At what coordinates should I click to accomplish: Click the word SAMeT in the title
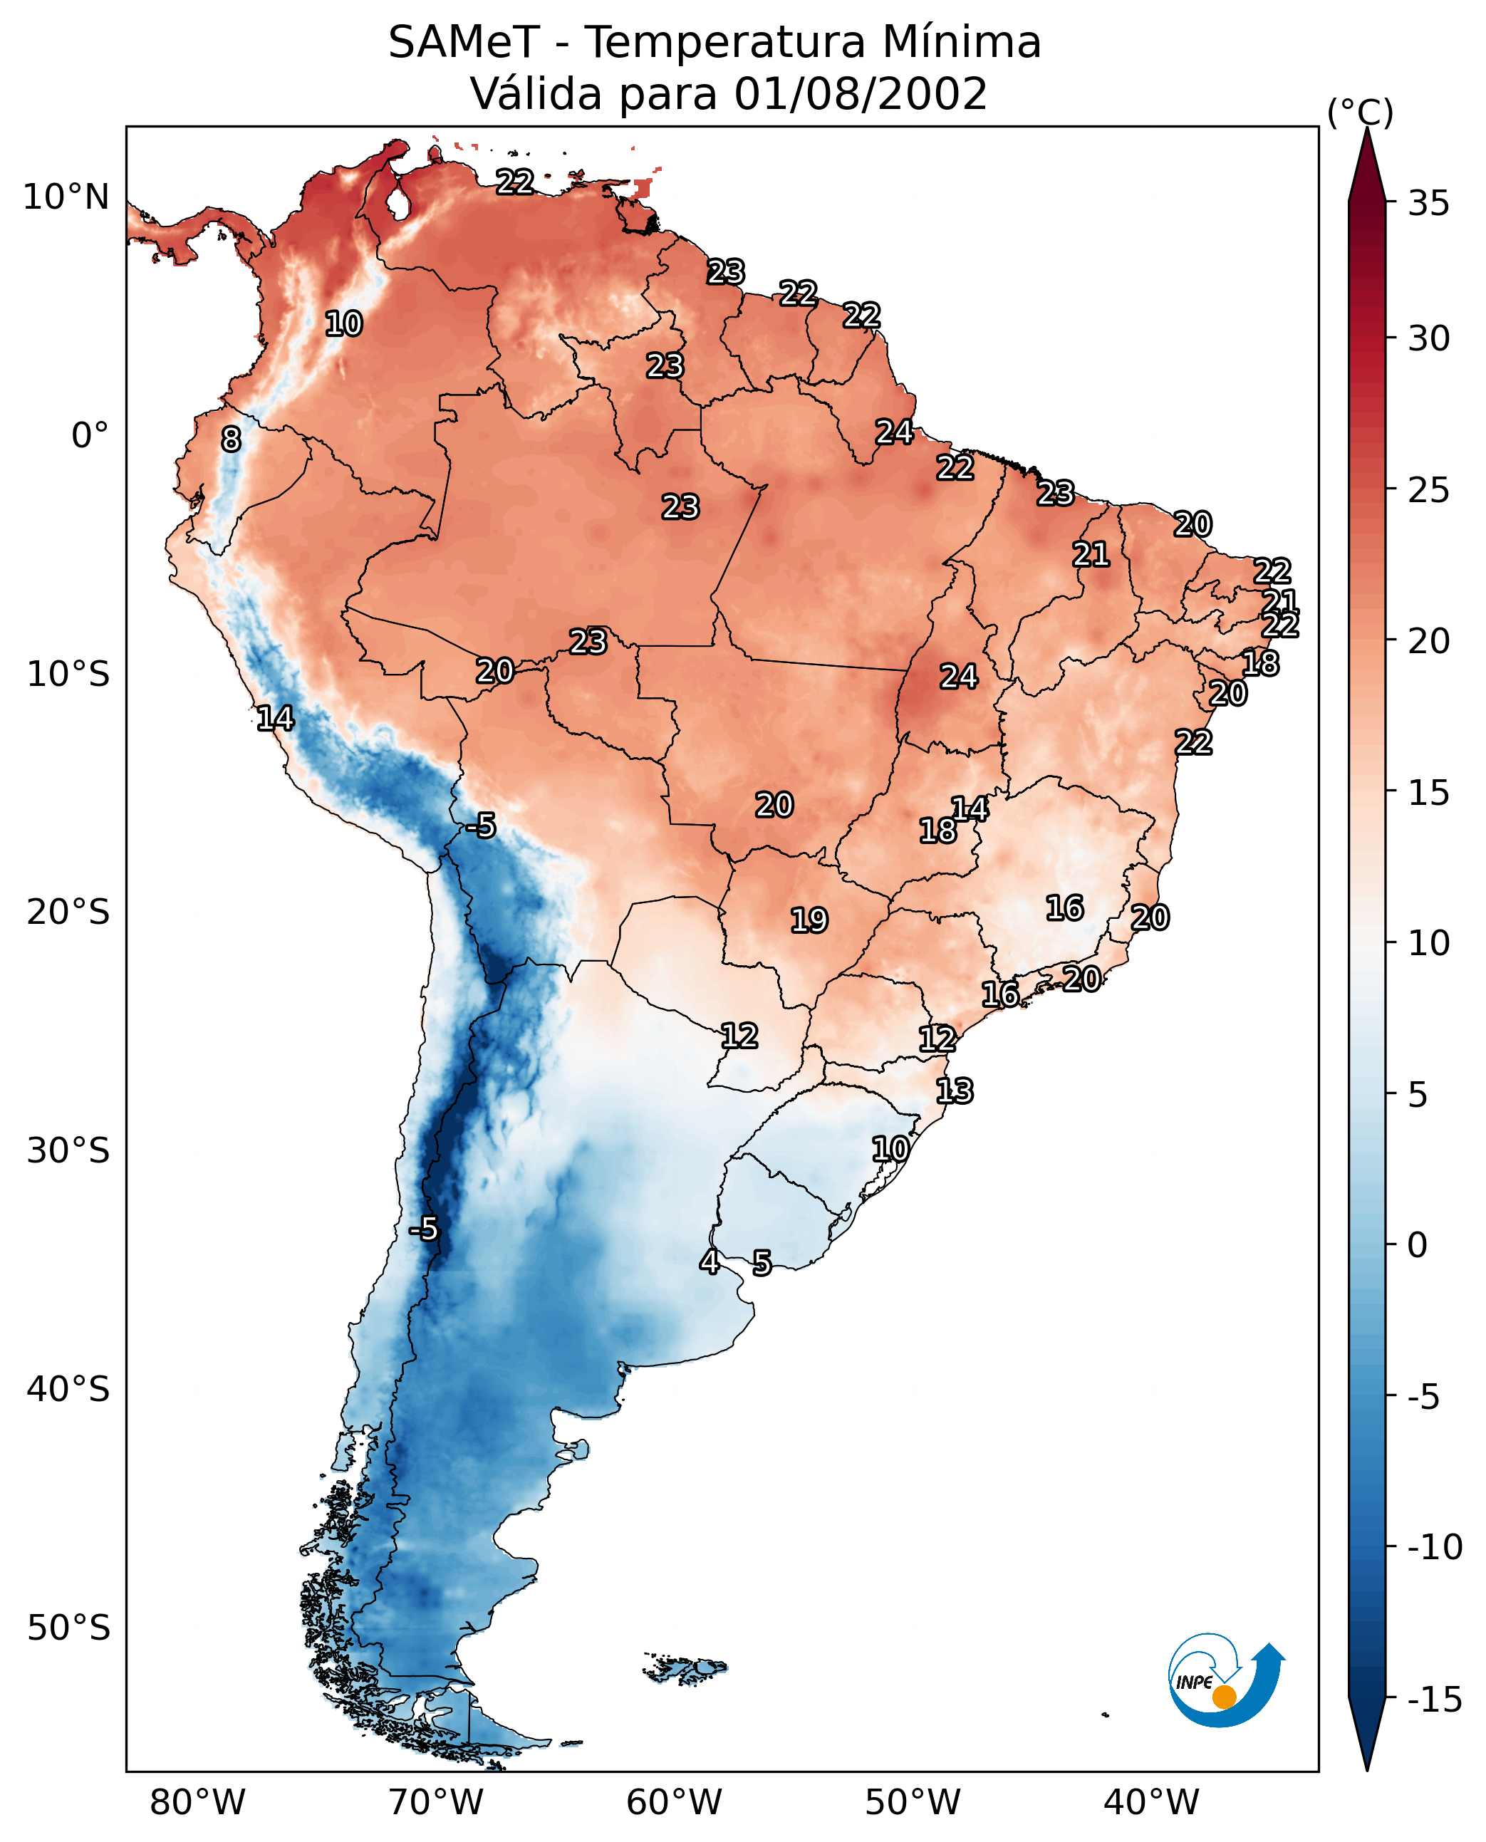[464, 42]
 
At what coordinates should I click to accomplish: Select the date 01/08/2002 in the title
[861, 93]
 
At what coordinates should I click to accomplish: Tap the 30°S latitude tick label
[68, 1150]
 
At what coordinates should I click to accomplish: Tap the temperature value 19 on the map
[809, 920]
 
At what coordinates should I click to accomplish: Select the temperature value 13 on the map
[955, 1091]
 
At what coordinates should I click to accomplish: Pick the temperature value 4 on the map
[710, 1261]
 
